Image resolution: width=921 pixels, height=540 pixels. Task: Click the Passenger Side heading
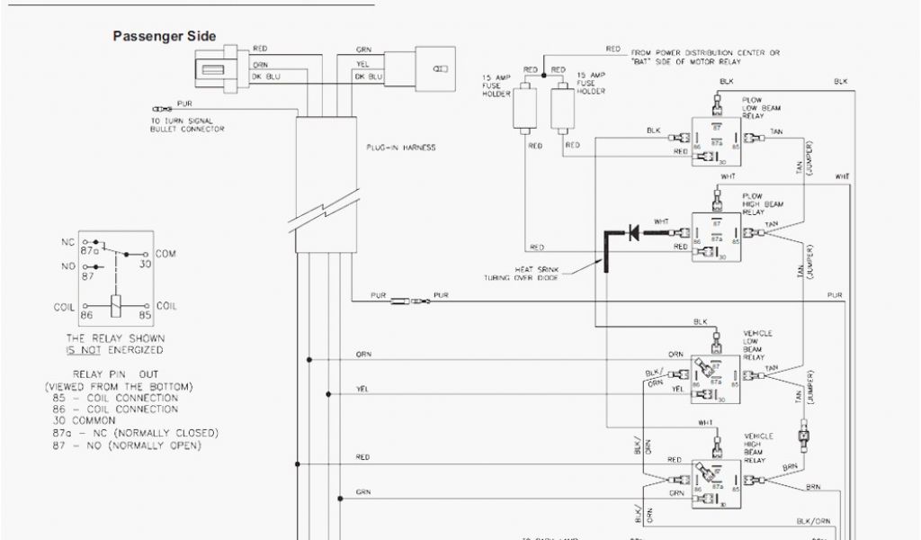[x=164, y=37]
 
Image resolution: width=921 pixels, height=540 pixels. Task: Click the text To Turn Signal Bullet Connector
[x=187, y=125]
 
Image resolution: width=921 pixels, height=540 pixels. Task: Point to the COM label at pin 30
[x=165, y=255]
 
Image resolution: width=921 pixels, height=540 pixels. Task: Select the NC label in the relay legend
[x=67, y=242]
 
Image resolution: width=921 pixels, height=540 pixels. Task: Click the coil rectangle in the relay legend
[x=116, y=304]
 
